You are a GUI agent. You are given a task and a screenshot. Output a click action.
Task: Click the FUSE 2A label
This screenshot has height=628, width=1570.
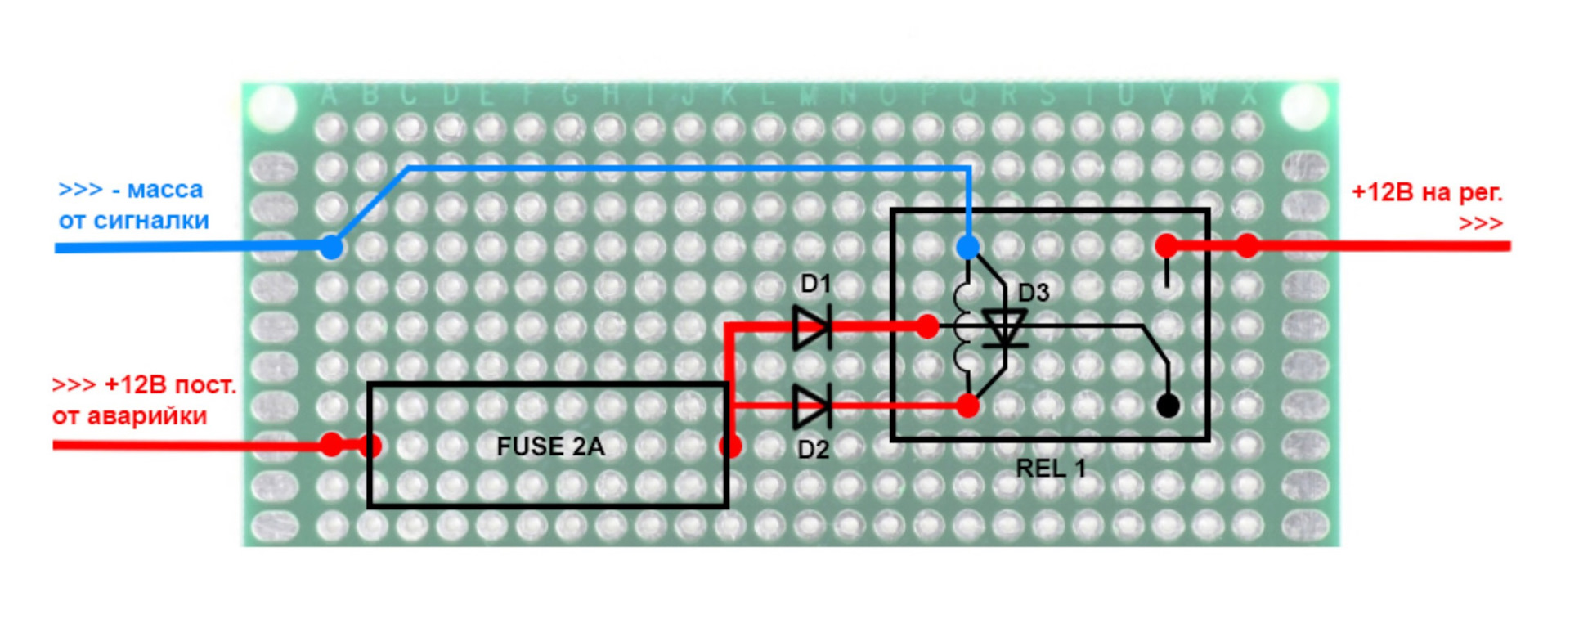[550, 446]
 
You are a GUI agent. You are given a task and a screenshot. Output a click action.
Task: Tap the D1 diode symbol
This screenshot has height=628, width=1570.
[812, 328]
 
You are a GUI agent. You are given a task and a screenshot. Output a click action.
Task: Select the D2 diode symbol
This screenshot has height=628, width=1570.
[812, 406]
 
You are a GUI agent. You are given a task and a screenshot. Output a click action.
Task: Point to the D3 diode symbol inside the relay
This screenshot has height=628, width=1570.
[1004, 328]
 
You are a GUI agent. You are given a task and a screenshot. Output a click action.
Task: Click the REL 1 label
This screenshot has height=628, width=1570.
[1051, 469]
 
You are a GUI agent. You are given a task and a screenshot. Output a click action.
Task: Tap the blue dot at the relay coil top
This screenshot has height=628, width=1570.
[967, 247]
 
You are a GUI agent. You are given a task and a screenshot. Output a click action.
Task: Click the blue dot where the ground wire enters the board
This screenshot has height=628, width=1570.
[331, 246]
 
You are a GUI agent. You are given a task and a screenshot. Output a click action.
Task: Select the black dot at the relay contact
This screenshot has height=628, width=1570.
[1169, 405]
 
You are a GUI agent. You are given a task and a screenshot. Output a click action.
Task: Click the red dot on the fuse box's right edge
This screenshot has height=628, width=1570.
[730, 446]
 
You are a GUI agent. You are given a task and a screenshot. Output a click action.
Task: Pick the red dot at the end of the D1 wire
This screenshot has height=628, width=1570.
[927, 327]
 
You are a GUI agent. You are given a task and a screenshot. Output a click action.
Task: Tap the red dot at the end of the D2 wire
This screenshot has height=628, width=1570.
[967, 405]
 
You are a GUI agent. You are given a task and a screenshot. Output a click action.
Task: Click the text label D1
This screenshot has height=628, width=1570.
[815, 284]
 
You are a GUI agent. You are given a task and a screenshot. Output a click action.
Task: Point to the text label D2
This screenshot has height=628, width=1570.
[813, 450]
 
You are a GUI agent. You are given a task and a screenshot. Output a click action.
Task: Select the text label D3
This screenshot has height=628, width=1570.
[1034, 293]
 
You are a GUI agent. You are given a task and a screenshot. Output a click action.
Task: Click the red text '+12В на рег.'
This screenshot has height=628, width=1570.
[1427, 193]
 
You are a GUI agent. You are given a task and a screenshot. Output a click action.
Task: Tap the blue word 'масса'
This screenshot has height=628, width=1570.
[164, 190]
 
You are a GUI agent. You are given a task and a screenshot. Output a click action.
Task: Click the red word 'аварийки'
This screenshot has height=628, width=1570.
[146, 416]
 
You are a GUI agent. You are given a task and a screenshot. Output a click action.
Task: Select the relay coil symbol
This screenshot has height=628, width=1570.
[962, 327]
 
